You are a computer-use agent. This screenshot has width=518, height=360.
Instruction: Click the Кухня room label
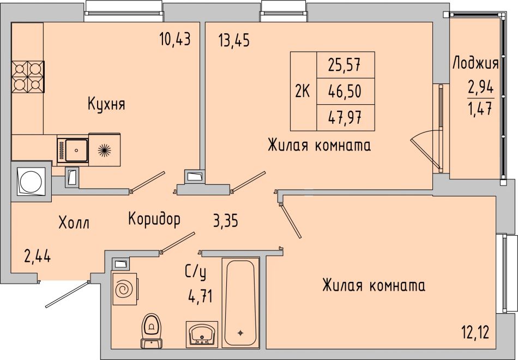[x=106, y=104]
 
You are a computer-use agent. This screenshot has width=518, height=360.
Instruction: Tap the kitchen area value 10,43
[x=175, y=39]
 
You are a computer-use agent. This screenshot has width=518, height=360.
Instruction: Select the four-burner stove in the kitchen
[x=28, y=77]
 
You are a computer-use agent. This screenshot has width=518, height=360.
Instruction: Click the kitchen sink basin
[x=76, y=150]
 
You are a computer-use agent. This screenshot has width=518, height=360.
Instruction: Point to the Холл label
[x=74, y=223]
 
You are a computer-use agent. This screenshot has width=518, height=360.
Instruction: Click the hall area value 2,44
[x=37, y=256]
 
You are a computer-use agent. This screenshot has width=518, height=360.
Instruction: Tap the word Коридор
[x=154, y=219]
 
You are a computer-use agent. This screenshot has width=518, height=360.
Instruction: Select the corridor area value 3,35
[x=226, y=221]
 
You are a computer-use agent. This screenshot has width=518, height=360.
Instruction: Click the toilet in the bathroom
[x=151, y=330]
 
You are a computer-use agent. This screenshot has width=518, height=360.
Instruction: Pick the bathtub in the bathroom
[x=240, y=303]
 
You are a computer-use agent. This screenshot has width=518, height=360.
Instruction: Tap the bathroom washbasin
[x=202, y=334]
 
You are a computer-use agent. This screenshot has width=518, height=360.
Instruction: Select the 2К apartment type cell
[x=303, y=91]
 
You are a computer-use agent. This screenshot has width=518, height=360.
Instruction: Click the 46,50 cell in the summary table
[x=345, y=91]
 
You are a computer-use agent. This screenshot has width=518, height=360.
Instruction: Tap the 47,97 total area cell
[x=345, y=118]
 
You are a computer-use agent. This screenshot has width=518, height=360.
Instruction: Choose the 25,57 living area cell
[x=345, y=65]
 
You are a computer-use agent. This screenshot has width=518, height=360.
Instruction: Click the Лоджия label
[x=475, y=63]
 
